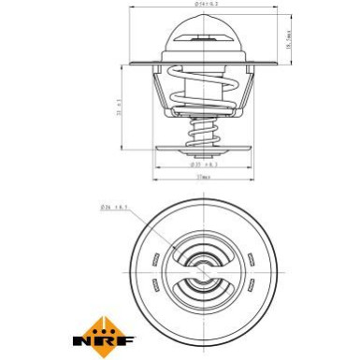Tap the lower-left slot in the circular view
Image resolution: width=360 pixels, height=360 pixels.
(151, 280)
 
